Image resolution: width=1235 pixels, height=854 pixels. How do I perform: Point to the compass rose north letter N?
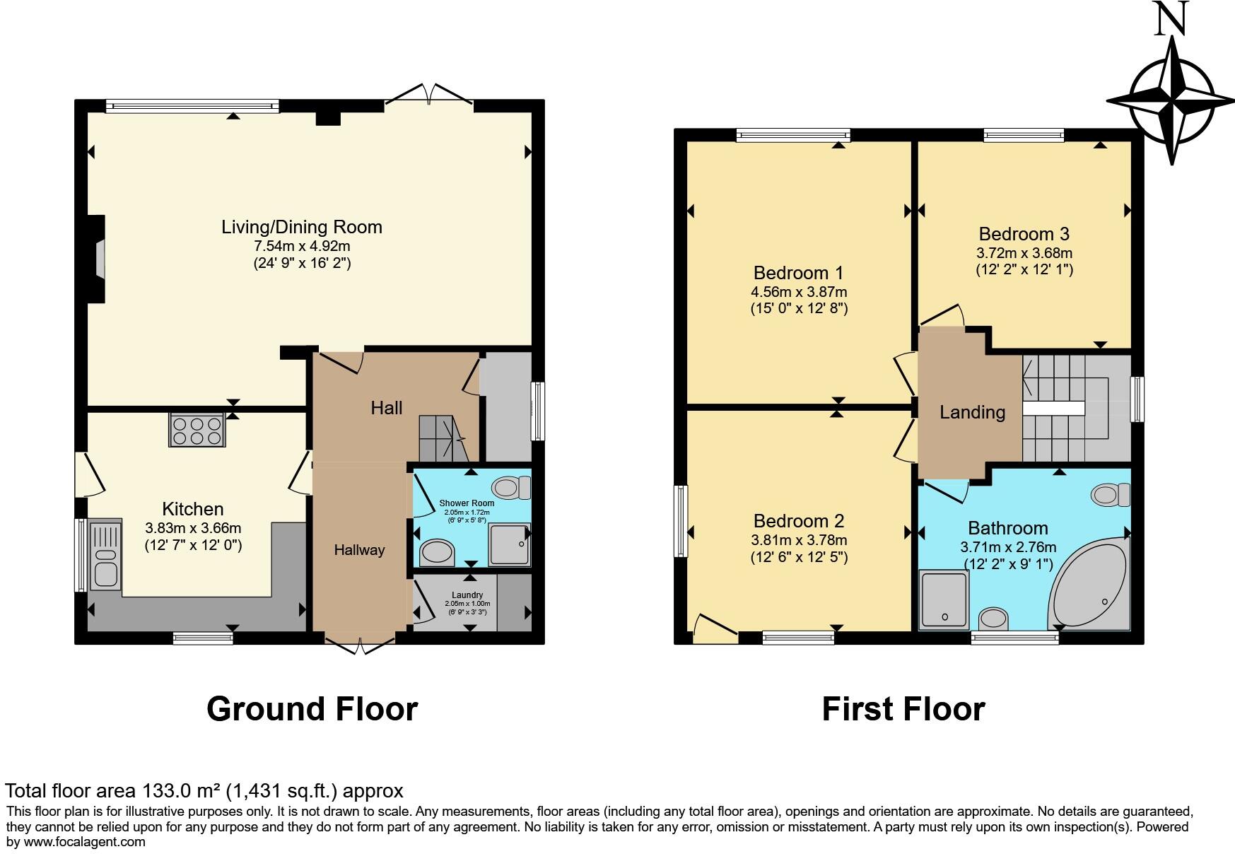1171,19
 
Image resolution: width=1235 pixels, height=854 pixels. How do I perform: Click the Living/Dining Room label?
302,227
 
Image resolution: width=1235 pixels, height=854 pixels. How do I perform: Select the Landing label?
972,412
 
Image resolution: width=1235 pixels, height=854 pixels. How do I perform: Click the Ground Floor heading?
312,708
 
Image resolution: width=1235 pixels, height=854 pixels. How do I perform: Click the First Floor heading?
903,708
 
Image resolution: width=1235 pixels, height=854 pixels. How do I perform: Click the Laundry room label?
467,595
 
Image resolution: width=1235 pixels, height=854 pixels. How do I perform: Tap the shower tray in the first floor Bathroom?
944,599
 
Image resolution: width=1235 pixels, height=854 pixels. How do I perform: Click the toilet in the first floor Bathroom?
1111,494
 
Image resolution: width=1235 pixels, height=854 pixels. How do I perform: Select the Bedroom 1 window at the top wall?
792,135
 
